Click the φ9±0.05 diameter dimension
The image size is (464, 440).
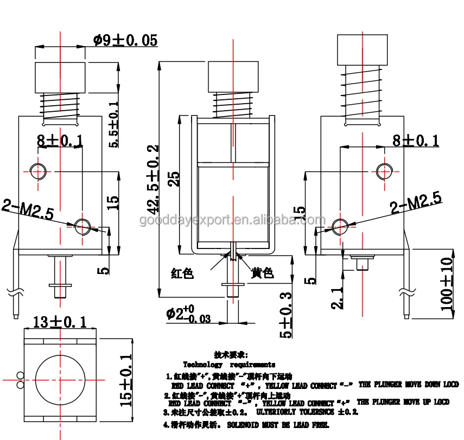125,40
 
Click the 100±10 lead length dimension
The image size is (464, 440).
447,284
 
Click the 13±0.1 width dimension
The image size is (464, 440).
60,322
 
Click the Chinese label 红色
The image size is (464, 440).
182,273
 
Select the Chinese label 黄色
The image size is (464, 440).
262,273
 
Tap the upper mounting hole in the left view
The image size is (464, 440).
38,171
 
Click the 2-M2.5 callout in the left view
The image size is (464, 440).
28,209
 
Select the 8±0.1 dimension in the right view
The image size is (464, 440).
415,141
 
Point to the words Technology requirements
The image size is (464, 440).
228,365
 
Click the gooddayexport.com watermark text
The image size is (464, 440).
232,220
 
